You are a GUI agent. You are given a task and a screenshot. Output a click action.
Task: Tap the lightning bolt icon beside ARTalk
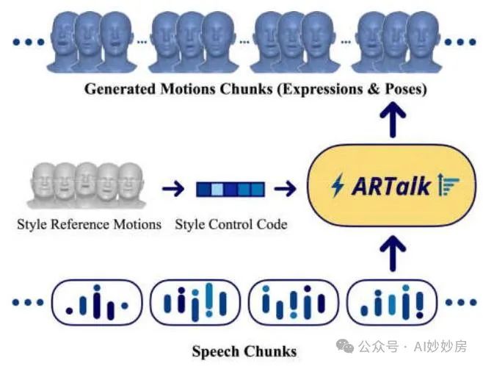click(x=338, y=186)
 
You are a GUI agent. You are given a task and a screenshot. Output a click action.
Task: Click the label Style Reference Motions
click(x=89, y=224)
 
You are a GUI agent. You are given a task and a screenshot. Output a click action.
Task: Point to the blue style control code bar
click(x=230, y=190)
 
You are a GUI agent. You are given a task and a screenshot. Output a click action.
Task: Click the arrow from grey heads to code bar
click(x=173, y=190)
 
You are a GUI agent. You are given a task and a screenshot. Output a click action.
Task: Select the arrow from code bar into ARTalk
click(x=286, y=190)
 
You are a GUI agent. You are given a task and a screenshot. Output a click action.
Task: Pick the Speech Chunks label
click(x=244, y=351)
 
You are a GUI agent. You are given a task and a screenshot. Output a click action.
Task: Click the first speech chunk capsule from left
click(x=97, y=303)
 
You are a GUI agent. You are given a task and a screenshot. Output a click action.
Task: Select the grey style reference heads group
click(x=87, y=186)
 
